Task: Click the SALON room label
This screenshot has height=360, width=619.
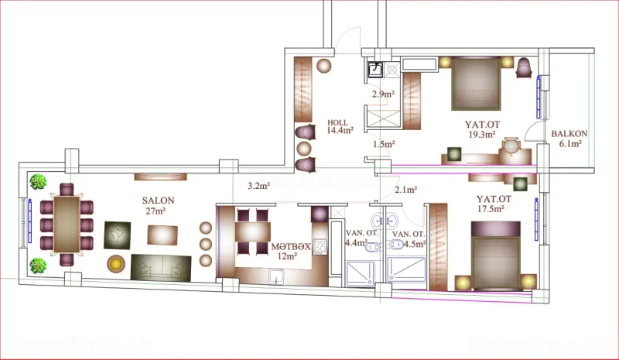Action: [158, 200]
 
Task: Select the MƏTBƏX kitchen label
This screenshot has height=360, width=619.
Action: [290, 246]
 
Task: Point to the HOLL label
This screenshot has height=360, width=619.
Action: [337, 122]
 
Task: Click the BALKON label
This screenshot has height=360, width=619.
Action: [569, 134]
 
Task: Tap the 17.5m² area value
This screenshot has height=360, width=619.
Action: [491, 208]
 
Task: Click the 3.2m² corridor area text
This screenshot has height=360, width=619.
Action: [258, 186]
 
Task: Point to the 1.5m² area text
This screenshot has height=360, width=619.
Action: [384, 144]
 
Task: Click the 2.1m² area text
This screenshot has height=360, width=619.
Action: [405, 189]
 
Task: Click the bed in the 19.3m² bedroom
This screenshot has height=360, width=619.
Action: [475, 84]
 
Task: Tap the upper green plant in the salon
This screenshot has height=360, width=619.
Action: [37, 182]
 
